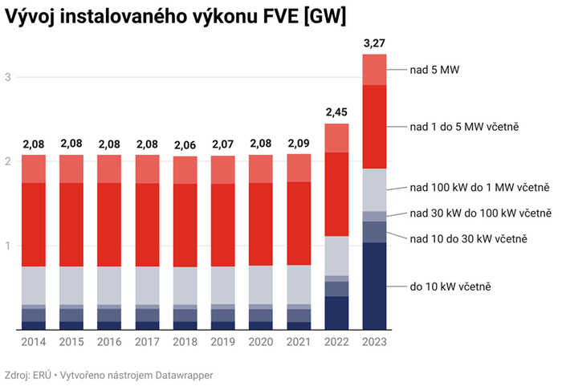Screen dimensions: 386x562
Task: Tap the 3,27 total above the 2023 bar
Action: click(374, 43)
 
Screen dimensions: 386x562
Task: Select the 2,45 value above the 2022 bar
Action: click(336, 112)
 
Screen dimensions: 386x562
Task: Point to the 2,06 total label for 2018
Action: click(185, 145)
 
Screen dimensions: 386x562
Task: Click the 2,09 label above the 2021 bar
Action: click(299, 144)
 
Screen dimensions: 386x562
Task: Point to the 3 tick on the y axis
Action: click(8, 77)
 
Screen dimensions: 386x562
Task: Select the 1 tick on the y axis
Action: click(8, 246)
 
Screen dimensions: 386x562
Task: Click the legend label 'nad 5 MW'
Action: click(434, 70)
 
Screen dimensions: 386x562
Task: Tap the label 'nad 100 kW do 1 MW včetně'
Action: click(479, 188)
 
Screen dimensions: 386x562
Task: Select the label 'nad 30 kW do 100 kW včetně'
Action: click(480, 213)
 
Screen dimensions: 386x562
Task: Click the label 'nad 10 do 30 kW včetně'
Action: click(468, 238)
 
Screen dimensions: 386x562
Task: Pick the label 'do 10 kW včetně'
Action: click(450, 286)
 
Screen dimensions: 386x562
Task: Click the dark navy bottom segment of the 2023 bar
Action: click(374, 286)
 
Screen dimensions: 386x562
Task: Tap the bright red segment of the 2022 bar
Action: click(336, 194)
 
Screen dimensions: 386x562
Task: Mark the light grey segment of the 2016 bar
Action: click(109, 285)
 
